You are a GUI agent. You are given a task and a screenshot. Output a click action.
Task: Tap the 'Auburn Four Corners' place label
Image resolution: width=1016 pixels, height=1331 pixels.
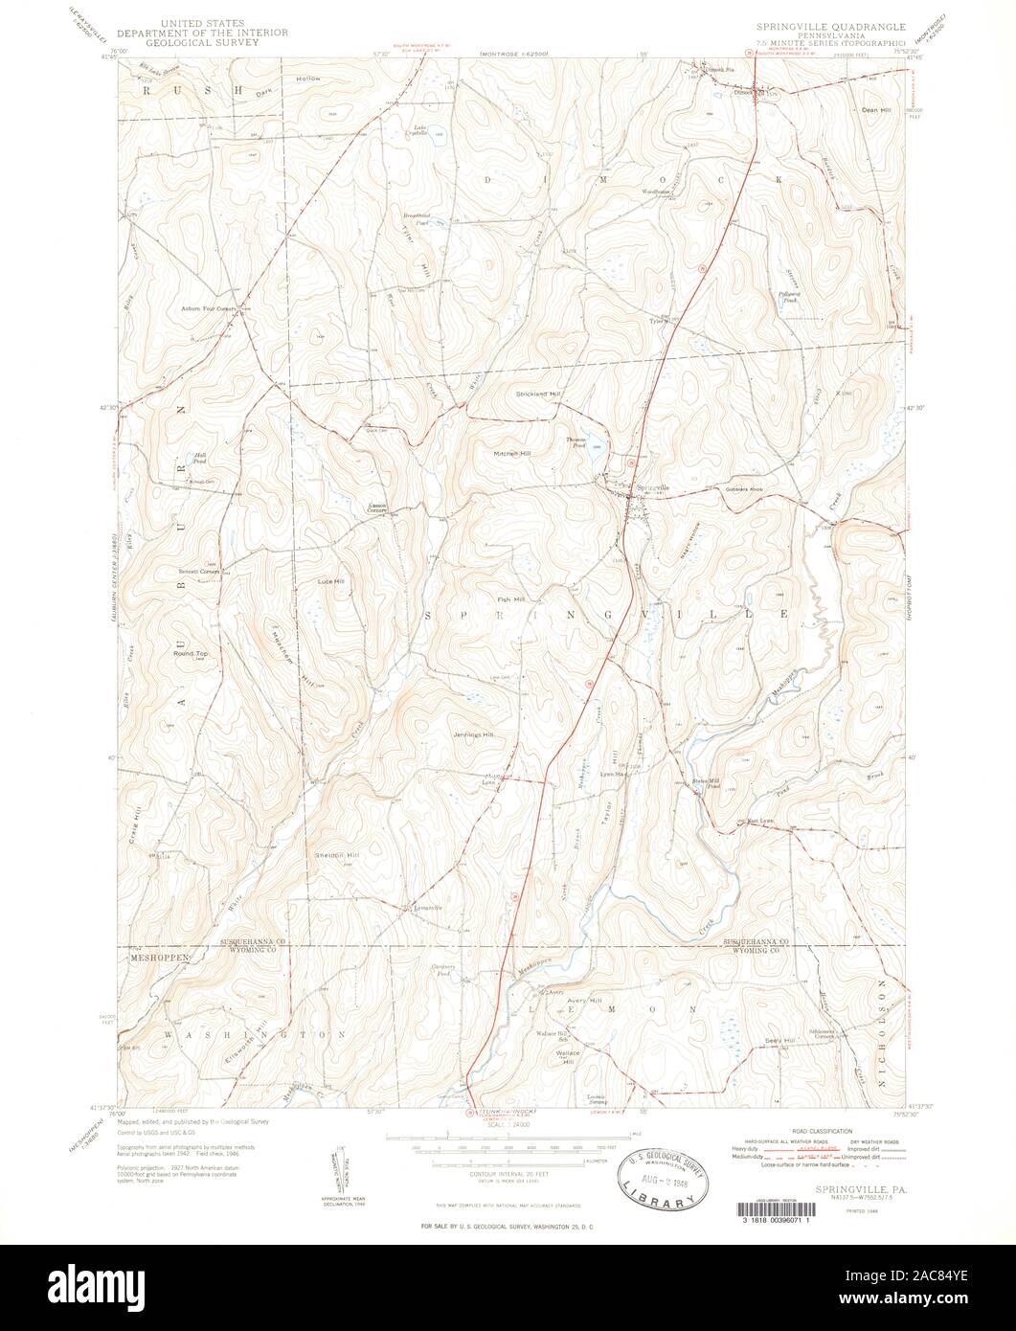(208, 309)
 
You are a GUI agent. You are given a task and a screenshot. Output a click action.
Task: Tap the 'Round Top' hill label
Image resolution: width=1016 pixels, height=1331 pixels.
(191, 654)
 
